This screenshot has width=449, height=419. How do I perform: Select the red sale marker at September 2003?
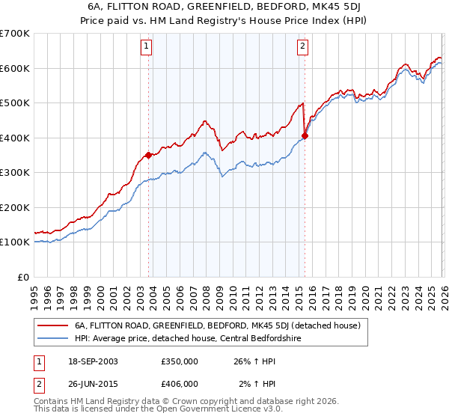tap(148, 155)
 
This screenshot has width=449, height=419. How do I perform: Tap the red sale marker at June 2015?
tap(305, 135)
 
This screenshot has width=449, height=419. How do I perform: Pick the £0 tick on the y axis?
tap(22, 277)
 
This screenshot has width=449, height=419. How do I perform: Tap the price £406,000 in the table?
tap(180, 383)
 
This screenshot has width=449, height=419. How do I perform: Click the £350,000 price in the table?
tap(180, 361)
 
